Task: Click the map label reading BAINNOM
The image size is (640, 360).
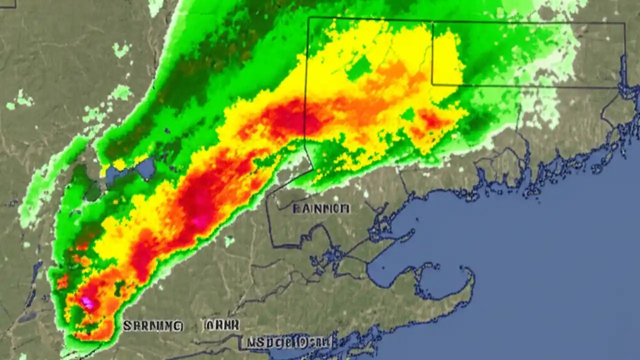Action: coord(321,208)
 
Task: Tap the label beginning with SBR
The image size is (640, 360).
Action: coord(153,326)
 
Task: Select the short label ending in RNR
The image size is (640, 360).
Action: coord(221,325)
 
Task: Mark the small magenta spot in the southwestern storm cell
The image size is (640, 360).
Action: coord(88,301)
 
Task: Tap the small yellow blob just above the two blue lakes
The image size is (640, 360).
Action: coord(119,164)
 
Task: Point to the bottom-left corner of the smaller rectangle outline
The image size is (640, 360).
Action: coord(432,85)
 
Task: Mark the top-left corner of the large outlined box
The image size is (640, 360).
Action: coord(309,18)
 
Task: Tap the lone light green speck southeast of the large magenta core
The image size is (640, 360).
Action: coord(229,241)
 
